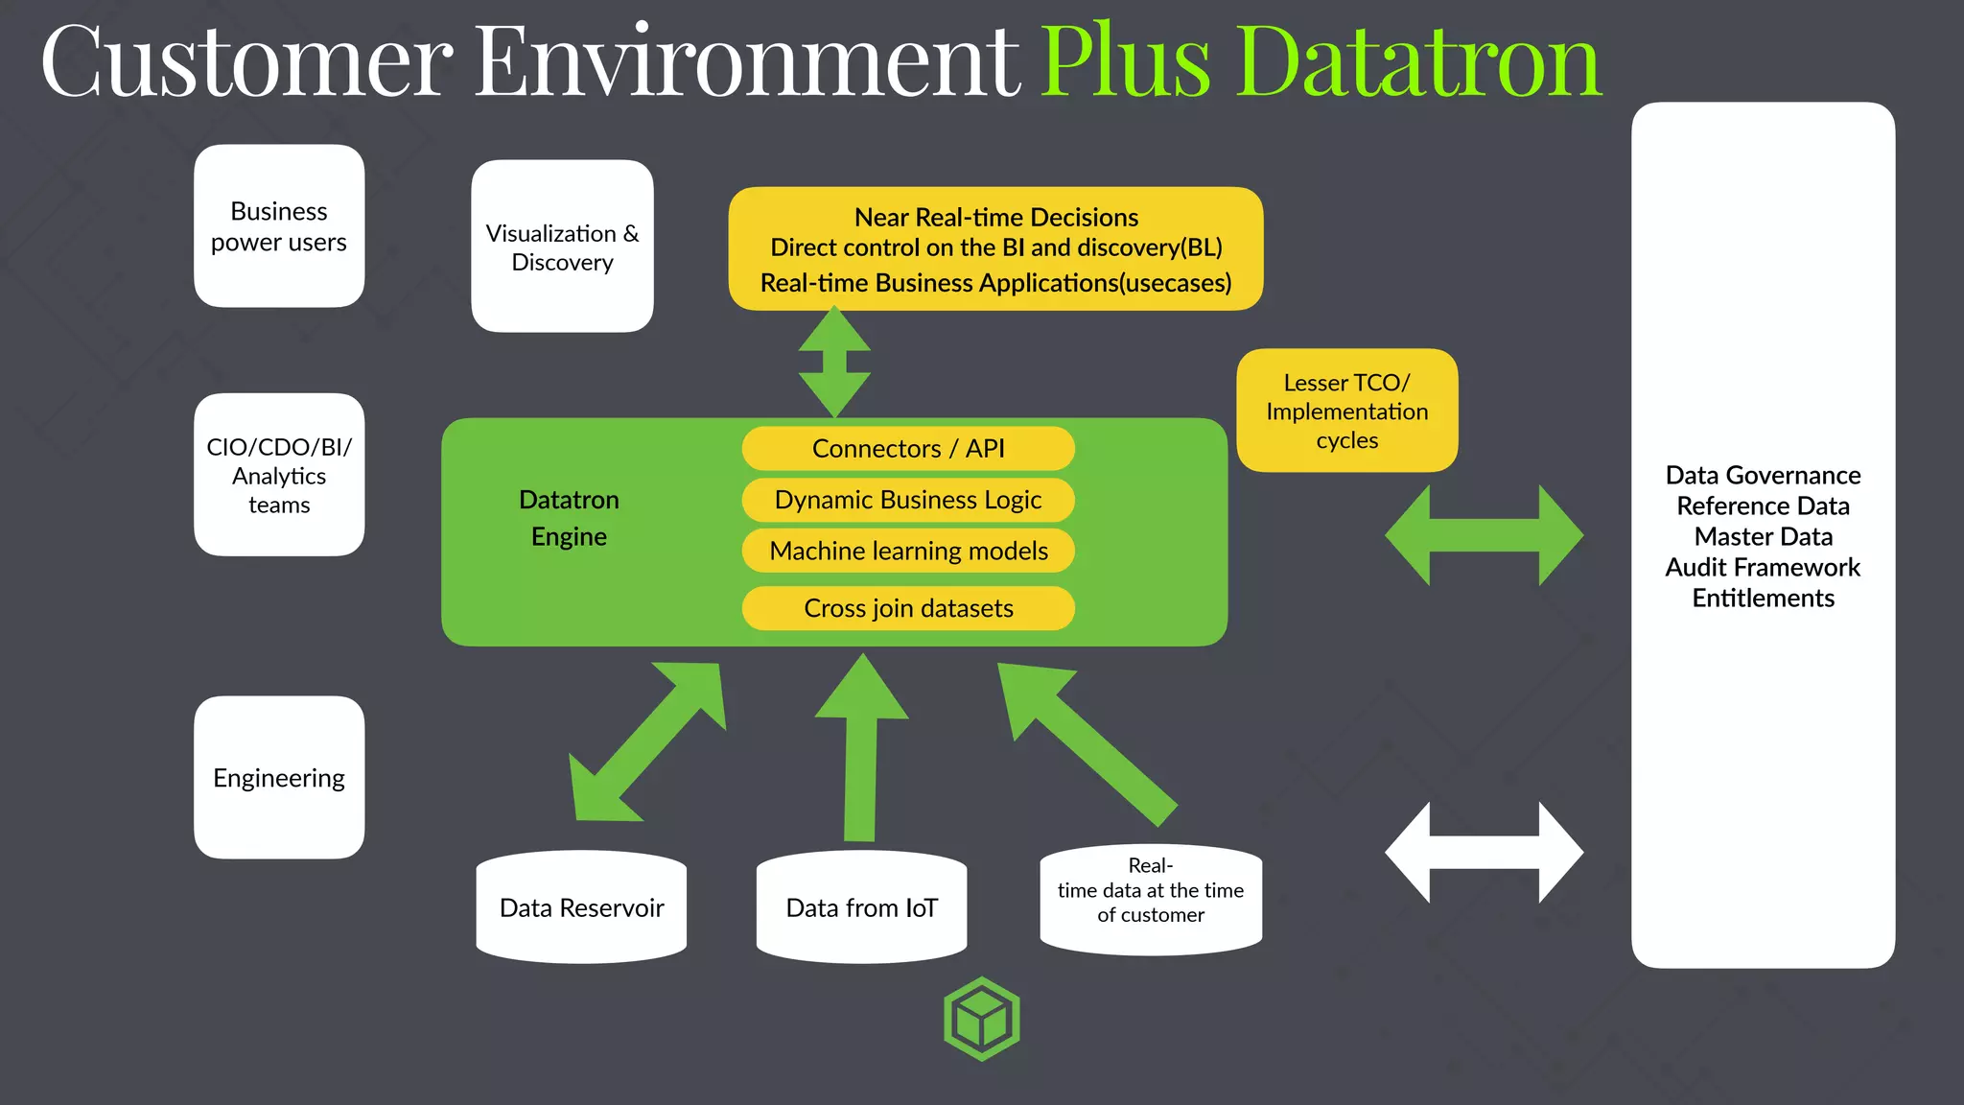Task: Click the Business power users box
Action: pyautogui.click(x=279, y=226)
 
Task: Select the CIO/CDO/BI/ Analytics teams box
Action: pyautogui.click(x=279, y=475)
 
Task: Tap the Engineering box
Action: pyautogui.click(x=279, y=777)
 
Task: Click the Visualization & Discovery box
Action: pyautogui.click(x=562, y=247)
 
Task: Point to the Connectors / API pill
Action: pyautogui.click(x=907, y=449)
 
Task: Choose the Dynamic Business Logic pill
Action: pyautogui.click(x=907, y=500)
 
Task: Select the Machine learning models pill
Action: pyautogui.click(x=907, y=551)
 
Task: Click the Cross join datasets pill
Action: pyautogui.click(x=907, y=608)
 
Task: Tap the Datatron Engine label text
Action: pyautogui.click(x=569, y=518)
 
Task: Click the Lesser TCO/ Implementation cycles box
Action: pyautogui.click(x=1346, y=411)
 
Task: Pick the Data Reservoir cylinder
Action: pyautogui.click(x=581, y=906)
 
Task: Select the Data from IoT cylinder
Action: pyautogui.click(x=861, y=906)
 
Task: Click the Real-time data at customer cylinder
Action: pyautogui.click(x=1151, y=899)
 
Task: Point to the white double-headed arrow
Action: pyautogui.click(x=1484, y=853)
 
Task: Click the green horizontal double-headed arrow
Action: pyautogui.click(x=1484, y=535)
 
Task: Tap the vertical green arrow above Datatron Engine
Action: pyautogui.click(x=834, y=363)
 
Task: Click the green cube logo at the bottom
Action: pyautogui.click(x=981, y=1019)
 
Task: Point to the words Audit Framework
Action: pyautogui.click(x=1763, y=567)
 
